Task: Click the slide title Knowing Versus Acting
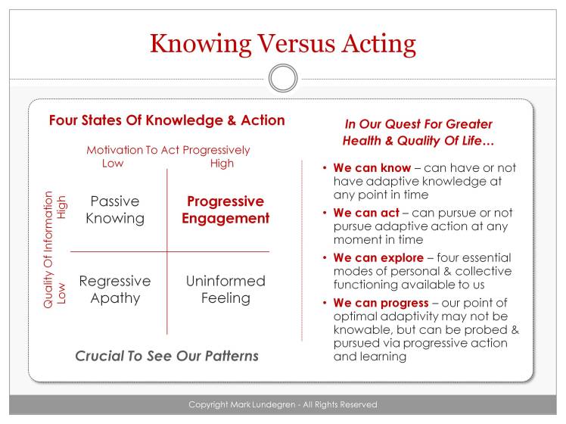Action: (283, 42)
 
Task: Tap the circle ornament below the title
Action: (283, 78)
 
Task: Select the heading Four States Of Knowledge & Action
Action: (166, 120)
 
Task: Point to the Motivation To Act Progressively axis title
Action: (168, 150)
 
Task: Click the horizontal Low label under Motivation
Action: (112, 163)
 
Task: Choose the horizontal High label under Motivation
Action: (222, 163)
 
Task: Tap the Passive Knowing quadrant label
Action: (115, 210)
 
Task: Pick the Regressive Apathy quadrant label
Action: (115, 289)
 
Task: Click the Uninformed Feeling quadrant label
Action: (225, 289)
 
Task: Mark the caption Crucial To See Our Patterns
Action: (166, 356)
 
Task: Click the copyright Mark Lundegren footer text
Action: (283, 404)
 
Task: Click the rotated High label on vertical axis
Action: (62, 207)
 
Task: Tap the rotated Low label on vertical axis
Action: (62, 295)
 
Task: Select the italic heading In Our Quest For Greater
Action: (418, 123)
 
